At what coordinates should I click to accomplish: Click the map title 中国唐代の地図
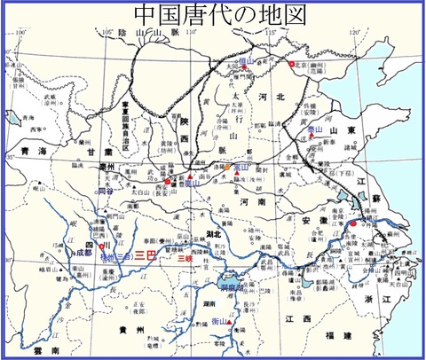coord(213,15)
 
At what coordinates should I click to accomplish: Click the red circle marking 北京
coord(290,64)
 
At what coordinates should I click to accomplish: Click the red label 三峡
coord(185,259)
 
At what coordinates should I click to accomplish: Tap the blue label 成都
coord(83,253)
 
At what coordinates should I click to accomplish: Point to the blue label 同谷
coord(106,191)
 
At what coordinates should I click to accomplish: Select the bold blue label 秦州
coord(107,166)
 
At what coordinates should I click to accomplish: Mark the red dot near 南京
coord(352,224)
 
